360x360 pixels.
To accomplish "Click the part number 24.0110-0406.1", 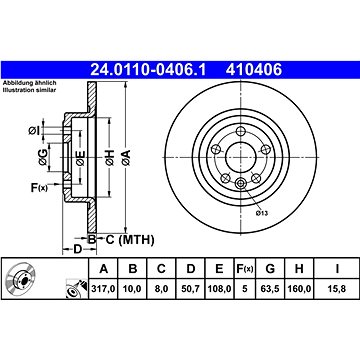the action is click(x=148, y=70).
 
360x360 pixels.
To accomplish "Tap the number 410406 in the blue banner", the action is click(x=254, y=70).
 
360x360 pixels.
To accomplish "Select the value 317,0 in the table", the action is click(x=103, y=289).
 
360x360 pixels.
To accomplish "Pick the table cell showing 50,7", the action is click(x=190, y=289).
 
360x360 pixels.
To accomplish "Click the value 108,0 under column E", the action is click(x=219, y=289).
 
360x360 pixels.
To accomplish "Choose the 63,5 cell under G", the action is click(x=270, y=289).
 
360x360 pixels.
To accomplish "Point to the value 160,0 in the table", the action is click(x=299, y=289).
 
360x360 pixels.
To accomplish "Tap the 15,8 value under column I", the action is click(x=337, y=289).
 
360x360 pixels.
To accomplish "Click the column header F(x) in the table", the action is click(x=245, y=268).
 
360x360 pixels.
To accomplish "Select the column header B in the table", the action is click(x=133, y=268).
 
